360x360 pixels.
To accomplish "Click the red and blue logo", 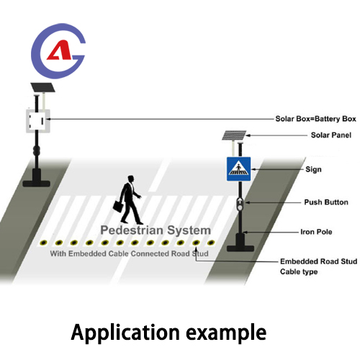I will tap(57, 53).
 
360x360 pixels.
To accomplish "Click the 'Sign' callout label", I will tap(313, 169).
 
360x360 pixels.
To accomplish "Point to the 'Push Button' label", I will tap(320, 204).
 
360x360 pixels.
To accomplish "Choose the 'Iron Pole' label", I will tap(315, 232).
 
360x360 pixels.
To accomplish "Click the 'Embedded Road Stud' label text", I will tap(315, 262).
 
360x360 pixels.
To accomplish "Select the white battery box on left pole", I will tap(37, 120).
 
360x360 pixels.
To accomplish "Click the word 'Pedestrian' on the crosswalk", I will tap(131, 230).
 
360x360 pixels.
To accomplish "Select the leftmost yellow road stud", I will tap(45, 243).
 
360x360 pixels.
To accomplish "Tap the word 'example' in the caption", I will tap(226, 333).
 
